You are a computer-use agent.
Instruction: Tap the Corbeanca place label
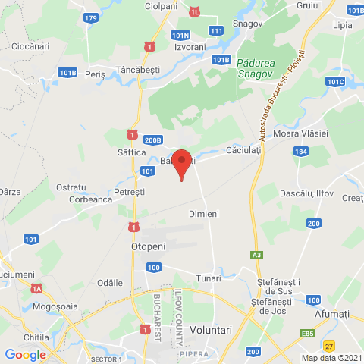[91, 200]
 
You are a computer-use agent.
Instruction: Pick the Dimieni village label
[203, 215]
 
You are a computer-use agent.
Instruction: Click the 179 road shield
[91, 17]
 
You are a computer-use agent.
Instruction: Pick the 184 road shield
[302, 152]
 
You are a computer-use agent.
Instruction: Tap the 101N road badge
[180, 35]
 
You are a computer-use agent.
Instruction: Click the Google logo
[25, 355]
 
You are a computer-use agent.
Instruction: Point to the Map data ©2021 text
[330, 358]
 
